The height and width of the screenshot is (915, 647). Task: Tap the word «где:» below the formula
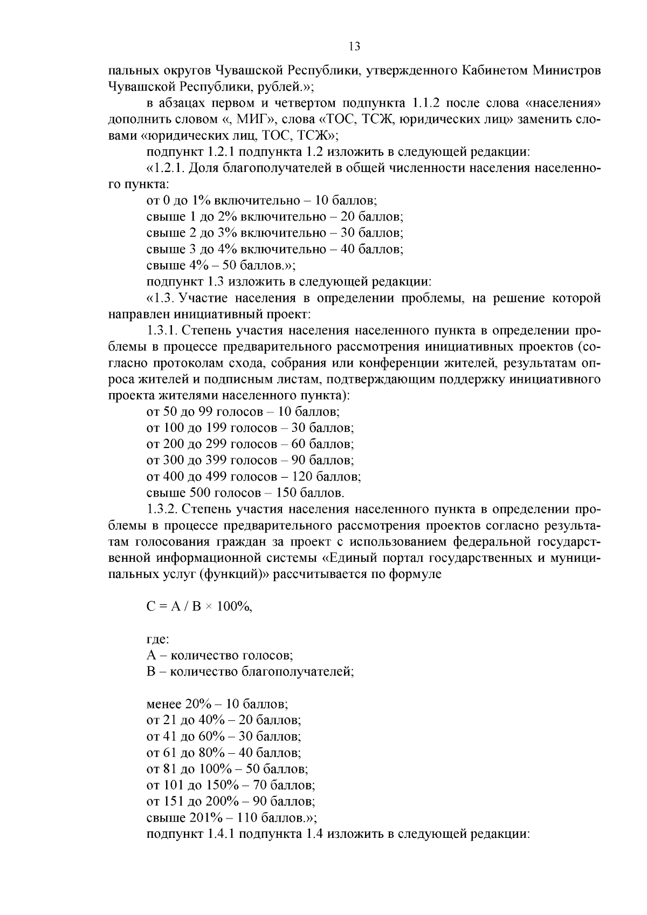[158, 639]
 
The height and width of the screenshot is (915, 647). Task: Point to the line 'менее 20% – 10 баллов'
[217, 704]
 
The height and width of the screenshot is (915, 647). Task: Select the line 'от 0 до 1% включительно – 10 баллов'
[261, 201]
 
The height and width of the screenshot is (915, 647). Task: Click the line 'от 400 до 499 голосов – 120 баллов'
[253, 477]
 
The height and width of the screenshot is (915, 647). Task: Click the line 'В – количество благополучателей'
[250, 672]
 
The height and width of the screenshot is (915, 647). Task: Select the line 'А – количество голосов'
[219, 656]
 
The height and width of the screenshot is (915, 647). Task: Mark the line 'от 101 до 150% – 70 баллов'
[231, 785]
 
